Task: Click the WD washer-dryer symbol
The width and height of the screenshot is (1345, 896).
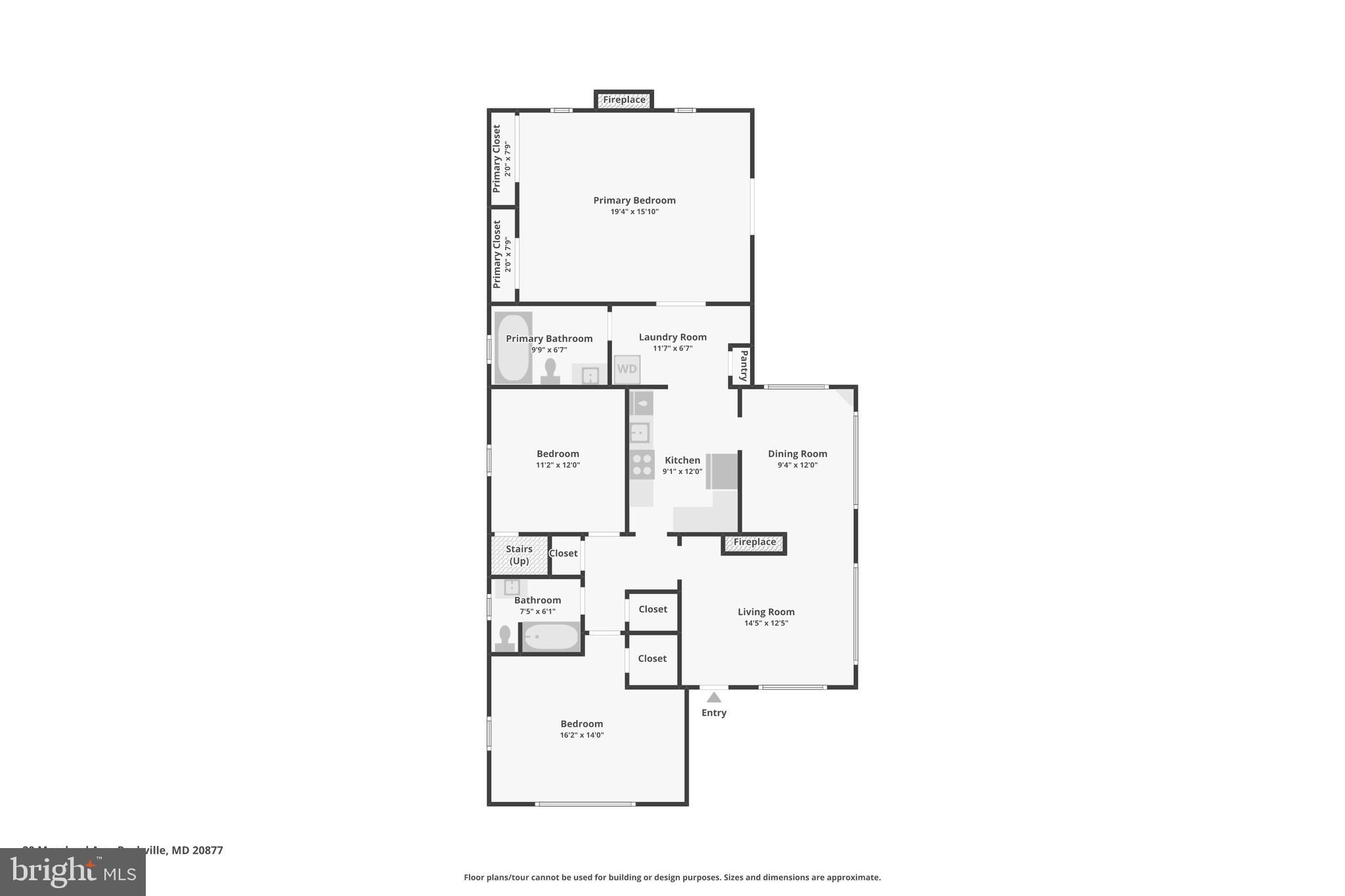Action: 627,369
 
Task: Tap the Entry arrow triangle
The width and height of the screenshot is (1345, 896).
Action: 714,697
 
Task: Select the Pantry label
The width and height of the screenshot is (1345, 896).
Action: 743,366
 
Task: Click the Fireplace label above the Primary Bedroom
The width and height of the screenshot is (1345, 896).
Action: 624,100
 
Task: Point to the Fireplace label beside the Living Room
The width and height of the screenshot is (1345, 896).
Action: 754,542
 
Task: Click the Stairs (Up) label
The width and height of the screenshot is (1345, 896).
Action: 519,555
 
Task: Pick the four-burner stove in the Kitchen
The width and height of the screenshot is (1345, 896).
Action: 642,465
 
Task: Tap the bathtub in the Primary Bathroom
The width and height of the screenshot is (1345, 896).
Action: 512,347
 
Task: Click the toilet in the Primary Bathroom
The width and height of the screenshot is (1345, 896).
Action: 550,371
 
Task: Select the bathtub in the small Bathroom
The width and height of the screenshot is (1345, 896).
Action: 551,637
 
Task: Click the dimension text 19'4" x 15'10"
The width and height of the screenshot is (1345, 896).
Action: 634,211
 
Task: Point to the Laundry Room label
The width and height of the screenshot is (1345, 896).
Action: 672,337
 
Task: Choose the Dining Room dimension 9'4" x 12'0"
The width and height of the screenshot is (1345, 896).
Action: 797,465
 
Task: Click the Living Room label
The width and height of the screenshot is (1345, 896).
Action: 766,612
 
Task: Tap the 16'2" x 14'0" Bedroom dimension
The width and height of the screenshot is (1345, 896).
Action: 582,735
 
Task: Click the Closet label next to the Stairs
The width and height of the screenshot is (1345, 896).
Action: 563,553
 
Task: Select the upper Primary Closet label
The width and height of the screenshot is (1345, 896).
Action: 496,158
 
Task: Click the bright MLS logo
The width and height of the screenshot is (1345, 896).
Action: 73,872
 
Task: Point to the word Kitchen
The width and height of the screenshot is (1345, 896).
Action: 682,460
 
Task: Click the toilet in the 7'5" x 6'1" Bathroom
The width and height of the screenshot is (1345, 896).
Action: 505,639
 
